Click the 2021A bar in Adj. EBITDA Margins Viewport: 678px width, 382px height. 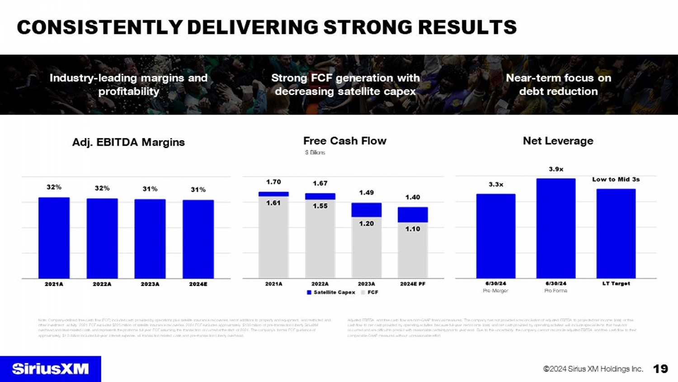pos(54,238)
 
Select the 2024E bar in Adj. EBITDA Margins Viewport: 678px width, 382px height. pos(198,239)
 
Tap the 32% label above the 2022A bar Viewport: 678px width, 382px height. pos(102,188)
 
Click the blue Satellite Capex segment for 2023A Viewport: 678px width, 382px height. pos(366,210)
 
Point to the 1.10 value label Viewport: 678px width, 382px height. pos(413,229)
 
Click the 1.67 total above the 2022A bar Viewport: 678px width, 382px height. pos(320,183)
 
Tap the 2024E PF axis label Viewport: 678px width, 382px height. pos(413,284)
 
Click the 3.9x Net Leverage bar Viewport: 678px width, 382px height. pos(556,228)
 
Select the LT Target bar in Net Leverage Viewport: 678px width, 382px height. pos(616,233)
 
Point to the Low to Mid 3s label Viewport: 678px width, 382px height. pos(616,180)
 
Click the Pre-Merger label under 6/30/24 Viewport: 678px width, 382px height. pos(495,291)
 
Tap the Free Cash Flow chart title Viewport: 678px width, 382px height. pos(345,141)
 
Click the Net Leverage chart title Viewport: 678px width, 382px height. pos(558,141)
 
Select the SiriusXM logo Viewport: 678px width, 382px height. pos(51,369)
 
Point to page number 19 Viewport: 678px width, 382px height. pos(660,369)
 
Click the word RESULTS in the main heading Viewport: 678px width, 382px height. pos(467,28)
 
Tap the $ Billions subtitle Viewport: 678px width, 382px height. pos(315,153)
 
